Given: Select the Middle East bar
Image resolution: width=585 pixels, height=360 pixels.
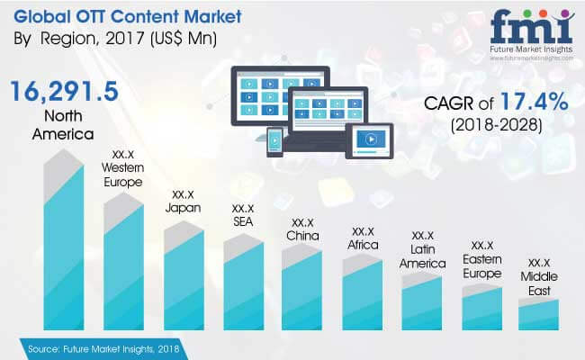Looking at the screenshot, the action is [x=539, y=314].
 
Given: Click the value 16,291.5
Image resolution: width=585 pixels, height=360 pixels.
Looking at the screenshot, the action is [x=65, y=92].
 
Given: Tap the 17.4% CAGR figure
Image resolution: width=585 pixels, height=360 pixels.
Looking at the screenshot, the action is [x=534, y=102].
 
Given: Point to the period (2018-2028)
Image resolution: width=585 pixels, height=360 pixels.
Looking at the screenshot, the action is [x=496, y=125].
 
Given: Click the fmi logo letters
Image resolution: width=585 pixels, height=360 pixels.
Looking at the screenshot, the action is [x=531, y=27].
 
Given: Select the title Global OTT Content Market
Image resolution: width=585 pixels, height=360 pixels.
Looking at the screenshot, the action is [x=128, y=17].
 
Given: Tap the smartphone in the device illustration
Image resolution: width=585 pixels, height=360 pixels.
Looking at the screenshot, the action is [x=274, y=141].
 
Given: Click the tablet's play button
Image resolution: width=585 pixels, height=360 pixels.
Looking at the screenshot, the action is [x=371, y=139].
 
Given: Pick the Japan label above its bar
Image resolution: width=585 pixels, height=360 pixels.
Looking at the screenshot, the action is [x=183, y=208].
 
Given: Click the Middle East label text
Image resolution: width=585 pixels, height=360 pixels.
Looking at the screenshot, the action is [x=539, y=283].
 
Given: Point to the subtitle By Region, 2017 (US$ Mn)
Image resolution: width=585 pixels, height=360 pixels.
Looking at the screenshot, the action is [x=115, y=39].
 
